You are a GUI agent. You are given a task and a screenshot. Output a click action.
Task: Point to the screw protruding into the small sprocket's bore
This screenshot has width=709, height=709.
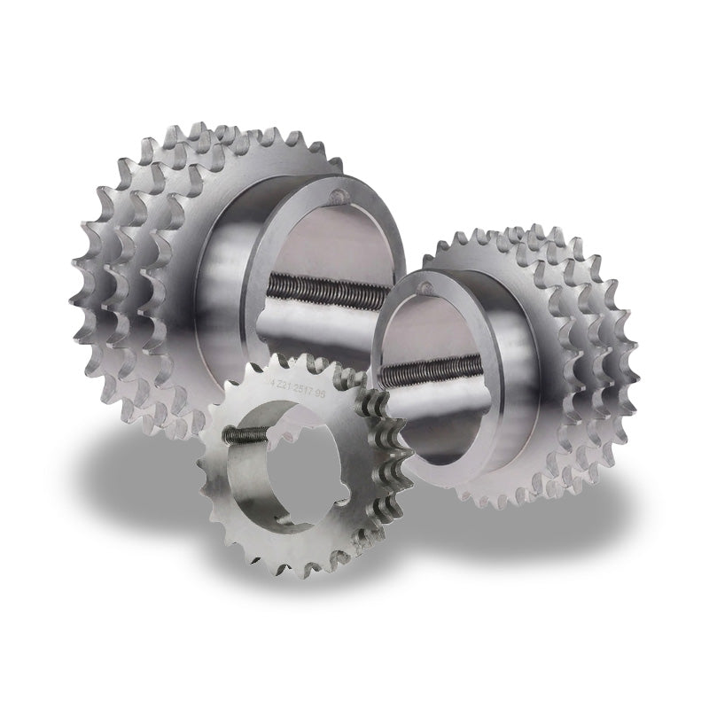point(245,433)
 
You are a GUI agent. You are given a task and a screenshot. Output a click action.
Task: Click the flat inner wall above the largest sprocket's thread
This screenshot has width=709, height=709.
point(319,235)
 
